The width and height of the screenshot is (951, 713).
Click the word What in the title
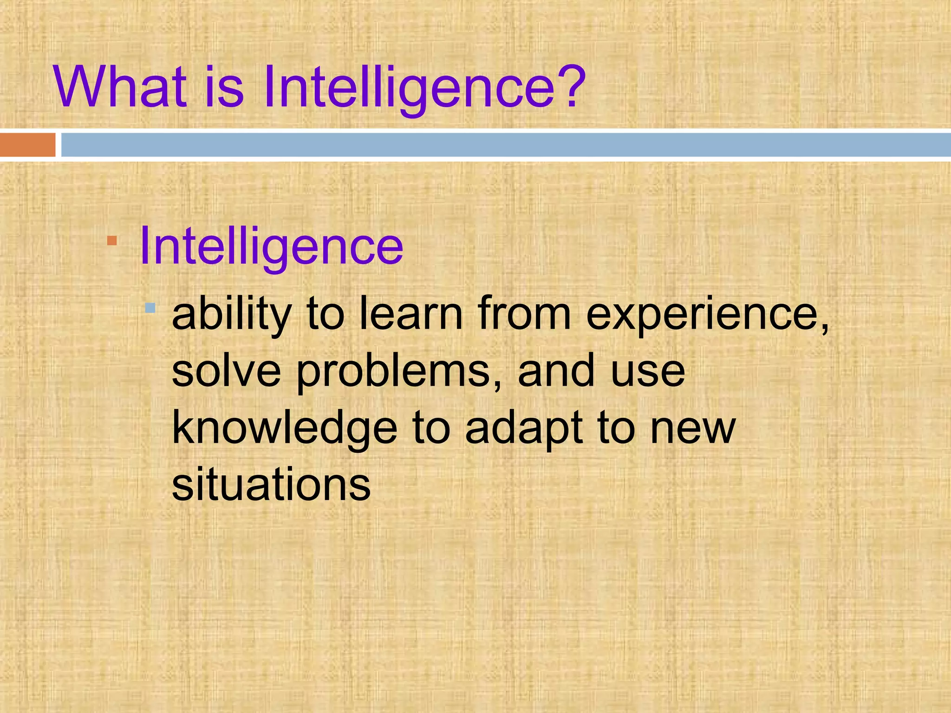pos(120,87)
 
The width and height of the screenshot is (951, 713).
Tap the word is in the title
pos(224,87)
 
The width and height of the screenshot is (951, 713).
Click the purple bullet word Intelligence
pos(271,247)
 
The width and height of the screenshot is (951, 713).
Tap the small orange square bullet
pos(112,240)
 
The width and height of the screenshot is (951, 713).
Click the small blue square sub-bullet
pos(150,307)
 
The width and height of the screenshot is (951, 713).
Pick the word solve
pos(226,371)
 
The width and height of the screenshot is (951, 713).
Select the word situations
pos(271,484)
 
